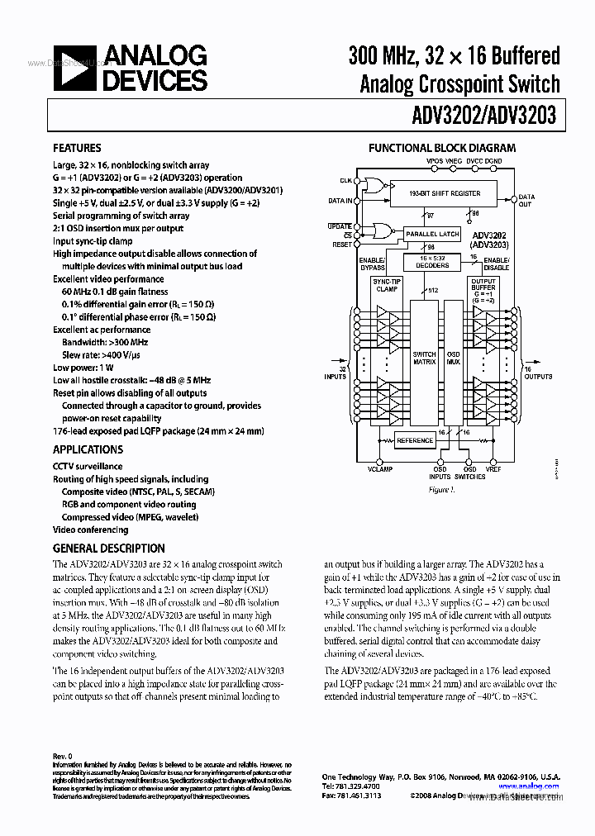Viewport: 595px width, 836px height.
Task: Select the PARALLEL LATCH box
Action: click(x=432, y=235)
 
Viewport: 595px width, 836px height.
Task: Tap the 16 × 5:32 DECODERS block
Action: click(x=431, y=263)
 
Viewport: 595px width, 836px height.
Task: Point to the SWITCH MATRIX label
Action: click(x=424, y=358)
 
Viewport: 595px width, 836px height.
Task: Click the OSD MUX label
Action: click(x=452, y=358)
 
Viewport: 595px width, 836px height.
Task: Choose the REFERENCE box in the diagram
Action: click(x=415, y=440)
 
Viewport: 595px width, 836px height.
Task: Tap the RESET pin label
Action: click(x=342, y=245)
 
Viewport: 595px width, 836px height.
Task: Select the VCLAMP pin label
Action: click(x=380, y=468)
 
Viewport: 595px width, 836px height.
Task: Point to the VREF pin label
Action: click(x=493, y=468)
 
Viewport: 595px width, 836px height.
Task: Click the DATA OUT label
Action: click(x=526, y=201)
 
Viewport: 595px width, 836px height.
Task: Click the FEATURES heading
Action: click(x=78, y=149)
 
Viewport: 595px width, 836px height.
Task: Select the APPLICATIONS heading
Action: click(x=88, y=449)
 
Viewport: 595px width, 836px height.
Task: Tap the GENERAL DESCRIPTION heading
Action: click(x=108, y=548)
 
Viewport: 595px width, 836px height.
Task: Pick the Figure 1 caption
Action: click(x=441, y=489)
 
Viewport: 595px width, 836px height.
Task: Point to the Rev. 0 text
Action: click(x=63, y=756)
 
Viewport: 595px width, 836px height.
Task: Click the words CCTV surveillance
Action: click(x=88, y=466)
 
